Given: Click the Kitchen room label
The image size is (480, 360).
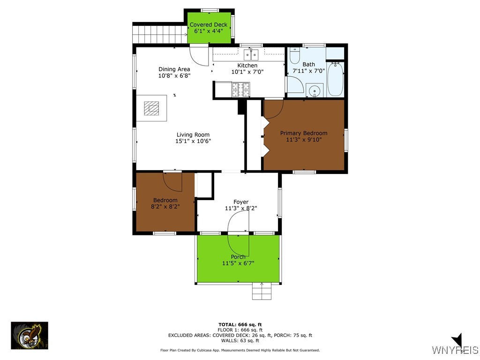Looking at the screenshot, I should coord(247,65).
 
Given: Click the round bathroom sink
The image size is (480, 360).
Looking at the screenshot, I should coord(315,90).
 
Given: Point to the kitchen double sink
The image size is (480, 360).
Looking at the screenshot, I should coord(252,53).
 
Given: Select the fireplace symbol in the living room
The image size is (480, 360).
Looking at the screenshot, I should coord(151,108).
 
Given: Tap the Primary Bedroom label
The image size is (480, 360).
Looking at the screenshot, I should coord(303,133).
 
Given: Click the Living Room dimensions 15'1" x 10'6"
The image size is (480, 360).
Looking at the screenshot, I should coord(193,141).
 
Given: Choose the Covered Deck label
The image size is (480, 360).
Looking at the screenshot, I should coord(209,24).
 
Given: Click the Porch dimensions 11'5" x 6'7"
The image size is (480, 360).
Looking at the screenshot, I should coord(238,263).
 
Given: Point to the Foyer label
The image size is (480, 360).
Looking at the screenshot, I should coord(241,202).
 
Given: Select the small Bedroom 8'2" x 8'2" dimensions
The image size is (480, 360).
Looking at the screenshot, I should coord(165,206).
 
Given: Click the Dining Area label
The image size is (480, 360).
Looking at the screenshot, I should coord(174,69).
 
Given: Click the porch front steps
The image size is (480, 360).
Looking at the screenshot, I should coord(262,292).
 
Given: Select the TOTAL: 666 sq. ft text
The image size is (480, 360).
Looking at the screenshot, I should coord(240,324).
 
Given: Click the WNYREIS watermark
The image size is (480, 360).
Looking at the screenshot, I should coord(455,350).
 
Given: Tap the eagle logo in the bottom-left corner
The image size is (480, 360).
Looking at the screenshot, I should coord(30,336).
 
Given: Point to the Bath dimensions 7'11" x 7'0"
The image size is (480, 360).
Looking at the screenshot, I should coord(308,71).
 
